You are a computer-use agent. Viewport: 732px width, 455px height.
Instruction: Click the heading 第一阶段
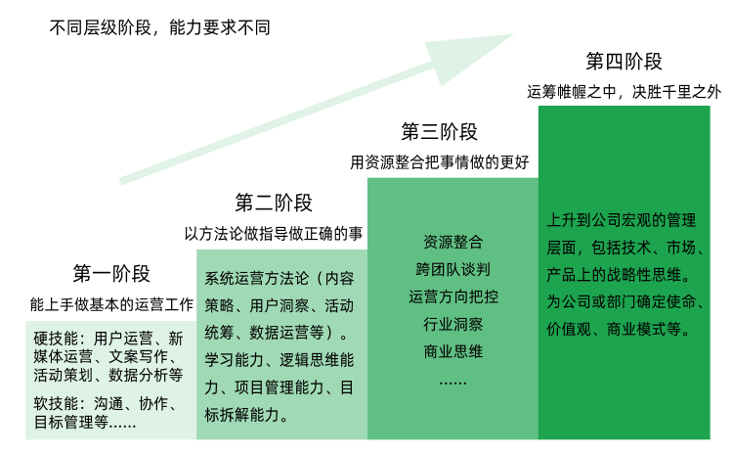(x=111, y=273)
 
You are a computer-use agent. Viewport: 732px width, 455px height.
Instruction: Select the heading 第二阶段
(x=274, y=204)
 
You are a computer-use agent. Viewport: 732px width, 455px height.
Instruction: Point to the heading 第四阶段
(x=624, y=62)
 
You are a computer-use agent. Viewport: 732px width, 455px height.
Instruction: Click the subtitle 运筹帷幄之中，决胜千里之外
(x=624, y=92)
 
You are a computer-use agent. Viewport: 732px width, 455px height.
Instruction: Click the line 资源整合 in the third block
(x=452, y=242)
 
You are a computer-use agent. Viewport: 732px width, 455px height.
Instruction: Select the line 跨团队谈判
(x=452, y=268)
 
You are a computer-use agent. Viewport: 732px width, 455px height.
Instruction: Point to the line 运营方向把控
(x=452, y=296)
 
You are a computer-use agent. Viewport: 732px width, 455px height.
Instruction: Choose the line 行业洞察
(x=452, y=323)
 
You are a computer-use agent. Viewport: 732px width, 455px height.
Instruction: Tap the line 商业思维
(x=452, y=350)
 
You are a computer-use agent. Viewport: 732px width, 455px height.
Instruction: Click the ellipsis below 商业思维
(x=452, y=378)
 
